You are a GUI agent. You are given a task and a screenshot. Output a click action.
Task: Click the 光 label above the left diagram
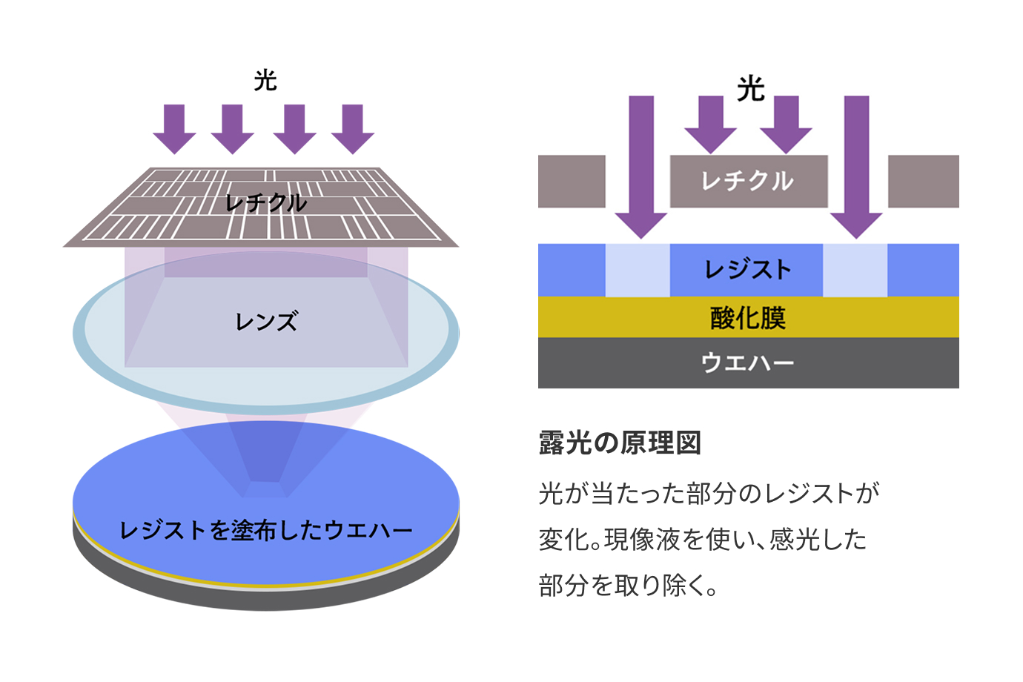(x=265, y=80)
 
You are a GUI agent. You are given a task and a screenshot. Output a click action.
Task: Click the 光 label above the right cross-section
(x=750, y=89)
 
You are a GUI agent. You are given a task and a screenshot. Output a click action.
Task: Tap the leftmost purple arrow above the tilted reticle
(x=174, y=128)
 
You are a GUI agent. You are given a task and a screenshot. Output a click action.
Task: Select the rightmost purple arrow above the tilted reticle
(x=353, y=128)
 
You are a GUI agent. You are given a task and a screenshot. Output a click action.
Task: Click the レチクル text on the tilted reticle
(x=266, y=202)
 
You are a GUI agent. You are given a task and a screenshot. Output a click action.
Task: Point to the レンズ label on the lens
(x=266, y=322)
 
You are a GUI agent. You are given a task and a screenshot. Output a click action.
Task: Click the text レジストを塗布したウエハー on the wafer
(x=266, y=530)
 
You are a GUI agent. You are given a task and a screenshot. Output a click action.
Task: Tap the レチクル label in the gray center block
(x=748, y=181)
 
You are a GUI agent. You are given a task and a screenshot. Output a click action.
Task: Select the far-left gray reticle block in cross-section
(x=572, y=181)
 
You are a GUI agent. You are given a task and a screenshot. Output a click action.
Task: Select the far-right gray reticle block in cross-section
(x=923, y=181)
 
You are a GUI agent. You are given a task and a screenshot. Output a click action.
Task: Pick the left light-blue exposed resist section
(x=638, y=270)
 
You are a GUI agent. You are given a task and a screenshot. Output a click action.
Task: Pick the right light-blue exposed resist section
(x=855, y=270)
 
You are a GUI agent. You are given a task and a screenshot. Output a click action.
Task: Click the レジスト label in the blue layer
(x=748, y=269)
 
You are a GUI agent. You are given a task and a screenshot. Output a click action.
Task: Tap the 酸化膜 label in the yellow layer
(x=748, y=317)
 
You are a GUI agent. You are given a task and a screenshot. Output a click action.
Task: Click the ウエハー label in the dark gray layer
(x=748, y=362)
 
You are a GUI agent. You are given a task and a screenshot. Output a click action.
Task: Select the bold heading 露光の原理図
(x=620, y=443)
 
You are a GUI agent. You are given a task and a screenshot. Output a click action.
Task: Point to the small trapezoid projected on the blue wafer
(x=265, y=489)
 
